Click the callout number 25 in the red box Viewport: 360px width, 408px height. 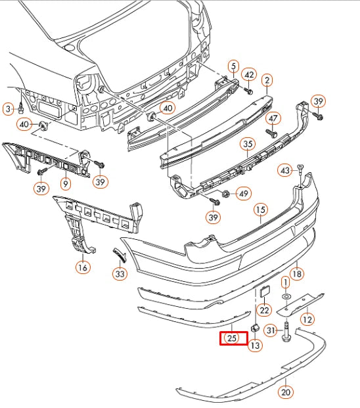point(232,338)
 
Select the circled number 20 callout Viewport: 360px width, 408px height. point(286,392)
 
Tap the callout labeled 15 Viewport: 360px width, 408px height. point(261,210)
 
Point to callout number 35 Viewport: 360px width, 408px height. point(247,145)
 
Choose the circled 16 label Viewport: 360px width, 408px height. point(82,267)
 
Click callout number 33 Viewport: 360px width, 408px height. point(119,273)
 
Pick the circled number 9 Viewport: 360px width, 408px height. point(66,185)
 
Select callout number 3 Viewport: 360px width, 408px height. point(8,108)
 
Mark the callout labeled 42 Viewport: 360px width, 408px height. point(249,74)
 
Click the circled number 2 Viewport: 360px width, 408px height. point(267,81)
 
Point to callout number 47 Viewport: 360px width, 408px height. point(274,119)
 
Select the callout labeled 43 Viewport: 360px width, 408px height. point(285,170)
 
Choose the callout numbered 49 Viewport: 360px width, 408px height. point(243,194)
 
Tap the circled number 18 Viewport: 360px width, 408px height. point(297,273)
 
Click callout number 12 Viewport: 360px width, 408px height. point(307,319)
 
